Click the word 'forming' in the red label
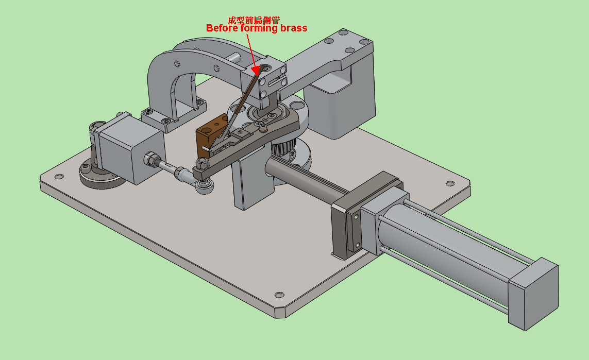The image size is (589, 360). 259,28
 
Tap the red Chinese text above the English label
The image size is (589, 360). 254,20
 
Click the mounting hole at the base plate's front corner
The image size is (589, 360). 279,295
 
